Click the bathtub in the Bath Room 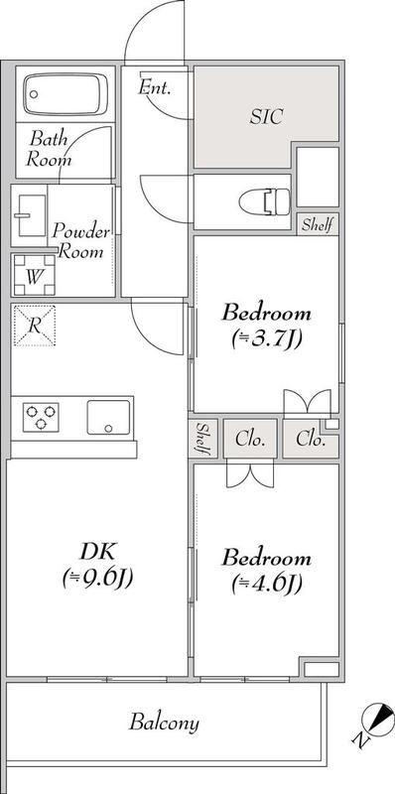pos(66,94)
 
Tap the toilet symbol pos(264,201)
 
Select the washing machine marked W pos(34,275)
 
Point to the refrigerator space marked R pos(34,326)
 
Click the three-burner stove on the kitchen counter pos(41,417)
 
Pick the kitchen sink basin pos(108,417)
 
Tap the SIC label pos(266,117)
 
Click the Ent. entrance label pos(155,88)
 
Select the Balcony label pos(164,723)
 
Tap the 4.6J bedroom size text pos(267,585)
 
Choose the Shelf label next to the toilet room pos(317,225)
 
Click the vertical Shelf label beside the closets pos(202,439)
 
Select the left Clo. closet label pos(251,439)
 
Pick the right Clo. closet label pos(311,439)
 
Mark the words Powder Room pos(81,241)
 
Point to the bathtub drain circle pos(34,94)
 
